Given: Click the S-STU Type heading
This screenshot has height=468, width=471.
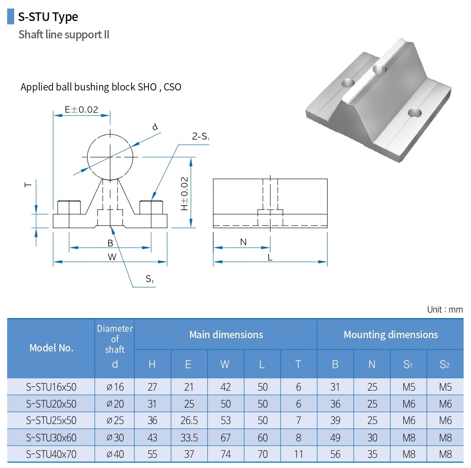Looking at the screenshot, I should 48,17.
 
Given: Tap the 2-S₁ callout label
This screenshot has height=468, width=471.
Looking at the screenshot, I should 200,136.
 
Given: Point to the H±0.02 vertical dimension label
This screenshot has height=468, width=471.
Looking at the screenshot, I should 184,194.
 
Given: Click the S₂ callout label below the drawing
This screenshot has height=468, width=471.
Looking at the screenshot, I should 149,279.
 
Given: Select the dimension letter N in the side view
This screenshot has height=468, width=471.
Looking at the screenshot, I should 243,242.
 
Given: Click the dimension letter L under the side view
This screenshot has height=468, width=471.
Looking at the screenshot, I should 270,257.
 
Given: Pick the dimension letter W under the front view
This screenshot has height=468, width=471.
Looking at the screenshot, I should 112,257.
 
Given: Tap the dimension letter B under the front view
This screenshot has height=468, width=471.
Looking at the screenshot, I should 110,243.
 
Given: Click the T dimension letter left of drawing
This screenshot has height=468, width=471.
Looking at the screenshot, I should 28,184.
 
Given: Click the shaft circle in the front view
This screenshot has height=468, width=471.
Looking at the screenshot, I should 111,157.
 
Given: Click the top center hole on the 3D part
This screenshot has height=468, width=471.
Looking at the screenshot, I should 379,69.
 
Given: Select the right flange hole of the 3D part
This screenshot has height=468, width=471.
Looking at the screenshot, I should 415,112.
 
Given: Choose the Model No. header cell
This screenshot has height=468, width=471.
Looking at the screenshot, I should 51,348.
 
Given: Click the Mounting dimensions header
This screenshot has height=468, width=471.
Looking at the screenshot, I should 391,335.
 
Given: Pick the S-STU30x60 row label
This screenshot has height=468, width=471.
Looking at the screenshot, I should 51,437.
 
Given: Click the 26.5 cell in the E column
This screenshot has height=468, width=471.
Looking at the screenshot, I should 189,420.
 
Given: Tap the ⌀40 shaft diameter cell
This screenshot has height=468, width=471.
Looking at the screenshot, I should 115,454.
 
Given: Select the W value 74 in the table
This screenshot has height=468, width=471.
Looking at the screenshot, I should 226,454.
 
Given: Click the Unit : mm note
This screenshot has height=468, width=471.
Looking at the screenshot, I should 445,309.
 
